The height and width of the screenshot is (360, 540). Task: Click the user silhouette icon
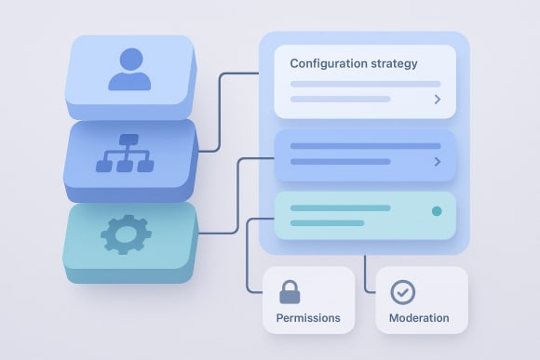(129, 70)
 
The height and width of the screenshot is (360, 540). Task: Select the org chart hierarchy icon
(125, 153)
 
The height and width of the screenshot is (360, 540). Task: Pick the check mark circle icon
(402, 291)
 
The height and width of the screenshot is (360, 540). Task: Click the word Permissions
(308, 318)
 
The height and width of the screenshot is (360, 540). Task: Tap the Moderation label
(419, 318)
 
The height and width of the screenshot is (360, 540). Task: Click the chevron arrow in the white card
(438, 99)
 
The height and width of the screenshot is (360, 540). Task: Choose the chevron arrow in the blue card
(438, 162)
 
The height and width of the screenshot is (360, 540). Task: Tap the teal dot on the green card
(437, 211)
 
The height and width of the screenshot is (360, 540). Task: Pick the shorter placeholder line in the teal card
(327, 223)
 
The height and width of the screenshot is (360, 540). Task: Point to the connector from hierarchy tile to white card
(220, 112)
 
